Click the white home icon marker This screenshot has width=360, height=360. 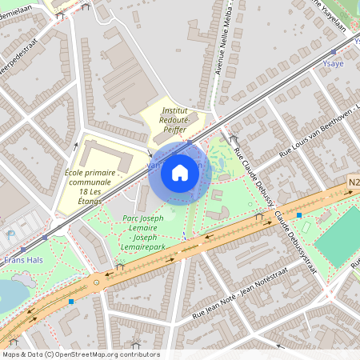[180, 172]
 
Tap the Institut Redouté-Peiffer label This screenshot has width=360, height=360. [174, 119]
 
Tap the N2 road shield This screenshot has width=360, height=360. [353, 183]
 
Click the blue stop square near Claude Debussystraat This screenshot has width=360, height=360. [298, 215]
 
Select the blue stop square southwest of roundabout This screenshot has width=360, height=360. [71, 302]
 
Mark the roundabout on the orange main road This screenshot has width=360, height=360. [97, 281]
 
